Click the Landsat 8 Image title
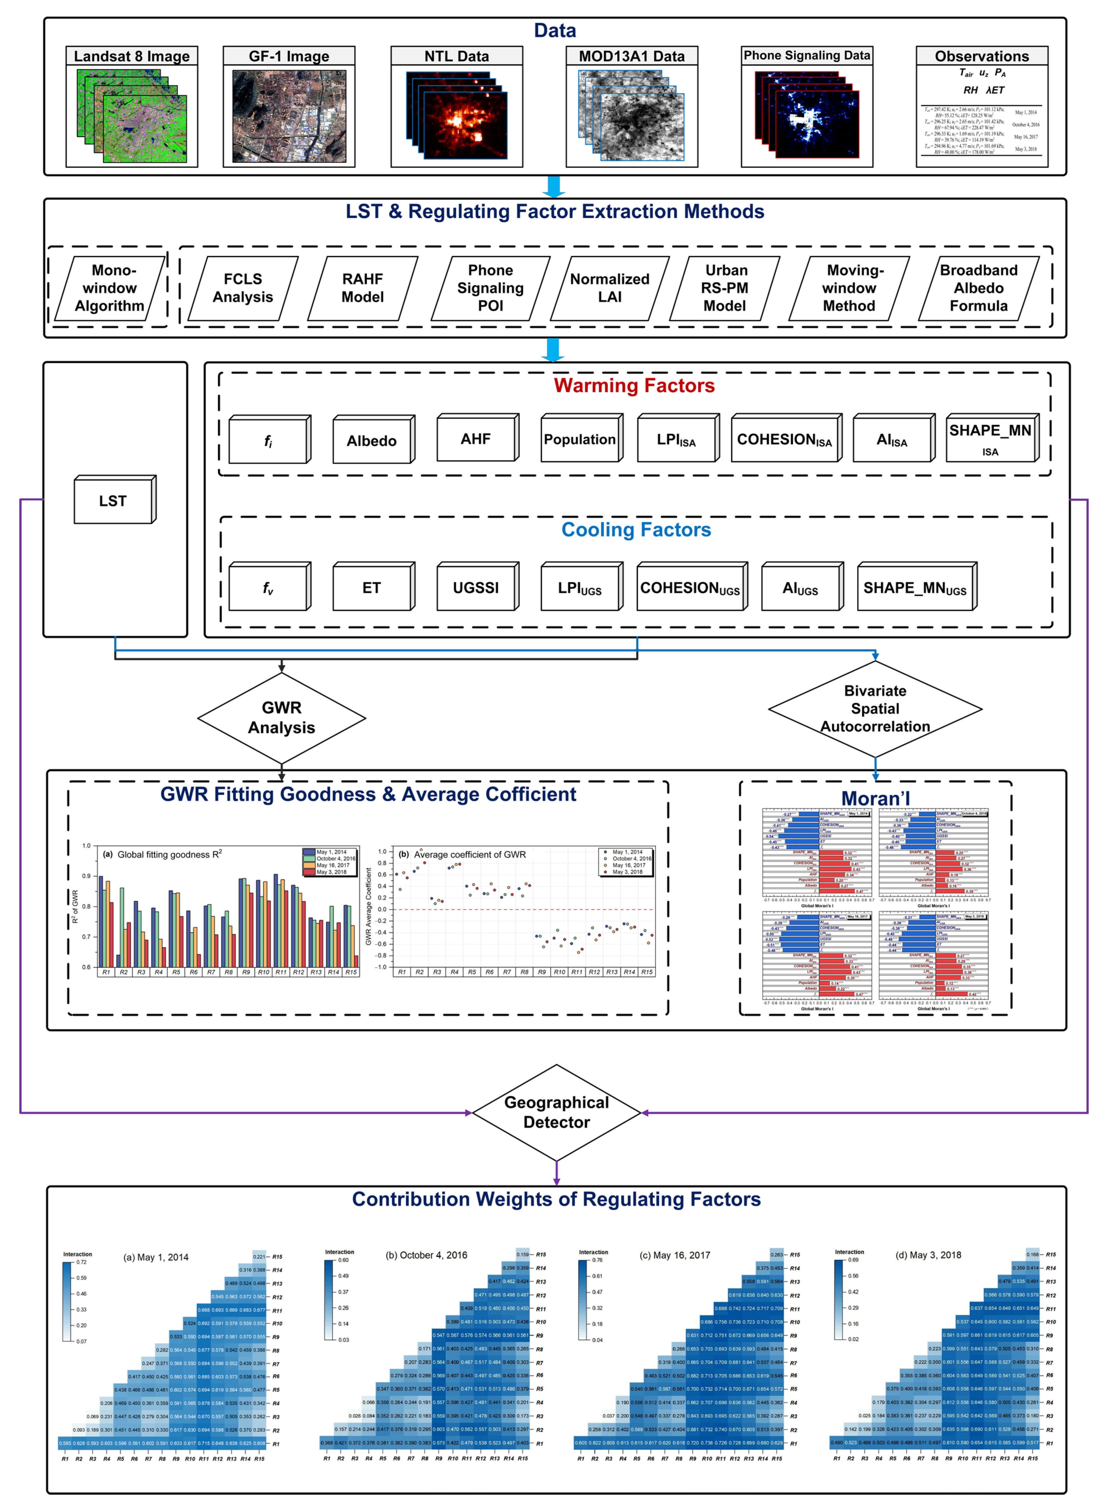[x=132, y=56]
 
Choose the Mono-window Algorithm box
[x=110, y=288]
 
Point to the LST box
[x=113, y=501]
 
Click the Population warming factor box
[x=580, y=439]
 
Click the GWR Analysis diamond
[x=281, y=718]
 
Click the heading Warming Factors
[x=634, y=386]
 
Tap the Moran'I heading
[x=875, y=798]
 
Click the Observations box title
[x=982, y=56]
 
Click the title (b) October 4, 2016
[x=426, y=1255]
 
